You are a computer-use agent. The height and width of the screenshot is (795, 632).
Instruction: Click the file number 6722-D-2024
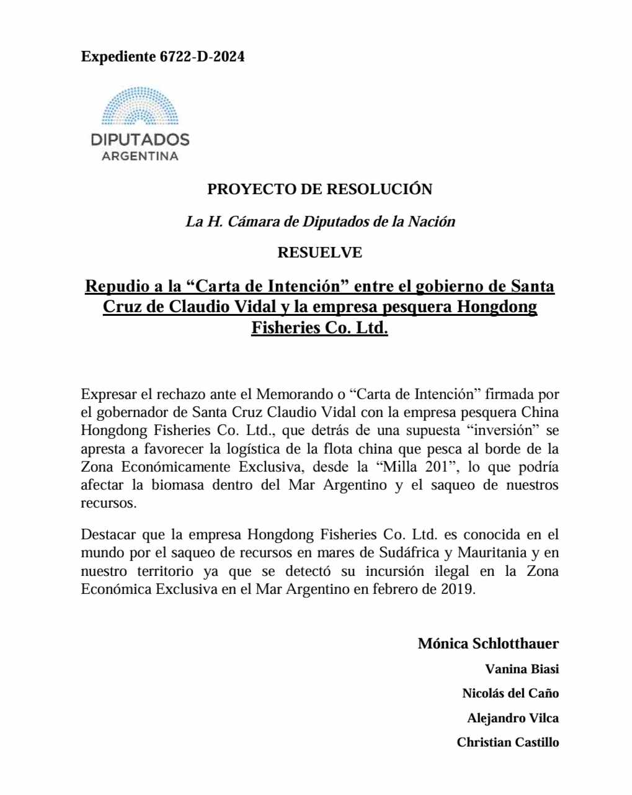202,56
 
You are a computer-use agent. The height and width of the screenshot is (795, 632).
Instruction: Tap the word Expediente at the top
118,56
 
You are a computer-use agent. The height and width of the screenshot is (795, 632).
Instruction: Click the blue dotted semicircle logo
140,106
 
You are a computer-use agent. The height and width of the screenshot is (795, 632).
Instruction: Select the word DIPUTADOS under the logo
140,139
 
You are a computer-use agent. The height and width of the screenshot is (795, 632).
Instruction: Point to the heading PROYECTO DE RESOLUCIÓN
319,189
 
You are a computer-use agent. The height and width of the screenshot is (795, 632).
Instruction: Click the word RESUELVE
319,253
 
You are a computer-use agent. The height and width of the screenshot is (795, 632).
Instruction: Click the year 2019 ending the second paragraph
456,589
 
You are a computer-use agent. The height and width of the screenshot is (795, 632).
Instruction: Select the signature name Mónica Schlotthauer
488,644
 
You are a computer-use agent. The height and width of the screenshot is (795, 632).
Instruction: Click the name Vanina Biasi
522,669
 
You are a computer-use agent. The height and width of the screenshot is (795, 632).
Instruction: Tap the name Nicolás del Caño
510,693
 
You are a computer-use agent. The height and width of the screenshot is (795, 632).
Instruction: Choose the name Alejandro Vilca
513,718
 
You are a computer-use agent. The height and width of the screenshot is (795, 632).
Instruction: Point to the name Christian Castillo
508,742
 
